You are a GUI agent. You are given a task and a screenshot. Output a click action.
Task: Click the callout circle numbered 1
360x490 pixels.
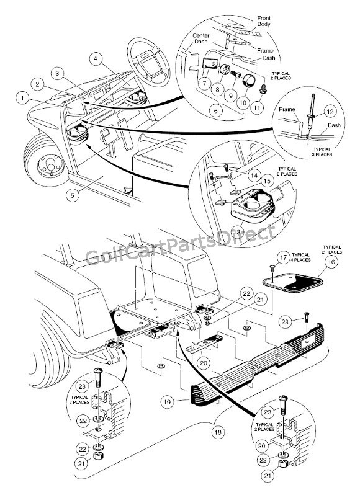click(22, 98)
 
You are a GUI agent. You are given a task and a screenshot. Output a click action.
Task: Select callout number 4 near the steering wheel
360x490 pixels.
click(96, 58)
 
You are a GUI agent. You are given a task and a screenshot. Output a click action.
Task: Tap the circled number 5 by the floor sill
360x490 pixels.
click(73, 195)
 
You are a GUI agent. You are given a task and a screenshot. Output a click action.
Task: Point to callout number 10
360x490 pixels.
click(243, 102)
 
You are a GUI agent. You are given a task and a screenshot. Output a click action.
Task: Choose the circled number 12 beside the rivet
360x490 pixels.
click(330, 112)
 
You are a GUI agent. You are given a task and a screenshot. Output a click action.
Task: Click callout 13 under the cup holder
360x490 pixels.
click(237, 232)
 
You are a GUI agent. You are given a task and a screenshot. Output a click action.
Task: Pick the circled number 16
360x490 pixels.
click(331, 261)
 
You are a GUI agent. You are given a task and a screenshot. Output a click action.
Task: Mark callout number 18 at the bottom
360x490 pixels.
click(218, 432)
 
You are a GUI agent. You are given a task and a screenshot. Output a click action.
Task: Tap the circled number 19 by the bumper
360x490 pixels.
click(168, 401)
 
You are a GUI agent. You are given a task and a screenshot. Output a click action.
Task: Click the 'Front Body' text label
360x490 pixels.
click(264, 21)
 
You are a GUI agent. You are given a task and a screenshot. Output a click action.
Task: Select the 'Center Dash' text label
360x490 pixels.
click(201, 38)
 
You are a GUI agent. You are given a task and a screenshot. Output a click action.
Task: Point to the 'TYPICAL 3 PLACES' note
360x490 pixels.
click(323, 152)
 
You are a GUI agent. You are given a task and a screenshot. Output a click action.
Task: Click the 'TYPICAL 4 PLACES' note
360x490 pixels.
click(301, 257)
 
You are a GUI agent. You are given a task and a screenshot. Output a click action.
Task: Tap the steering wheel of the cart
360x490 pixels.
click(148, 62)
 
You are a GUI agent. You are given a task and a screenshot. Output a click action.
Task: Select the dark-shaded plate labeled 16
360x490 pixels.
click(292, 282)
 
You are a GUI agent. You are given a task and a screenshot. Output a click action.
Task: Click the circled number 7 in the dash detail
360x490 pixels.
click(205, 84)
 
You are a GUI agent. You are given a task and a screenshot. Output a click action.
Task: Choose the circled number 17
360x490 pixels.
click(283, 258)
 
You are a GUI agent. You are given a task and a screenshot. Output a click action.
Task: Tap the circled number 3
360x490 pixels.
click(57, 73)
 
